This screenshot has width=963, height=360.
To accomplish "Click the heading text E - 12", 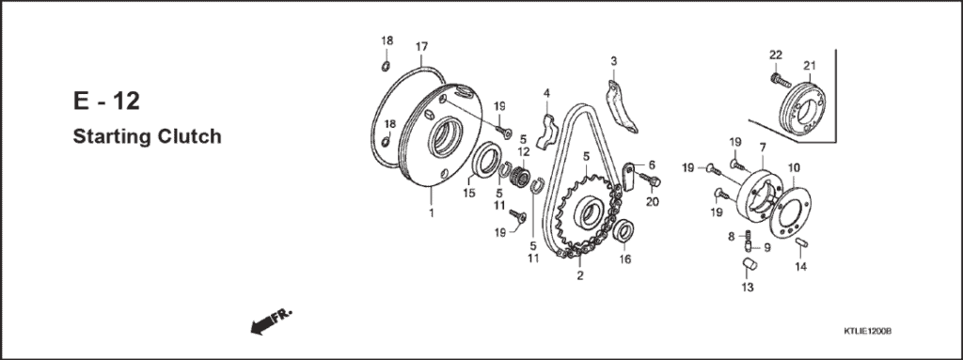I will (x=105, y=102).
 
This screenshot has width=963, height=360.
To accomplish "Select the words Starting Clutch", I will (x=147, y=137).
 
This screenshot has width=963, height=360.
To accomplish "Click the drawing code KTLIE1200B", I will (x=866, y=332).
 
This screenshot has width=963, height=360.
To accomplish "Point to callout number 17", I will (x=421, y=46).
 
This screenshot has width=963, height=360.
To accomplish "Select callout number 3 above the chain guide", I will (x=613, y=61).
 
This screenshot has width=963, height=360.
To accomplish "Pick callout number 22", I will (x=776, y=53).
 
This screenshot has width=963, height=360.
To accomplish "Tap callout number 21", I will (x=808, y=65).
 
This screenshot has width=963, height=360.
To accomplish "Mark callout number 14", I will (x=801, y=267).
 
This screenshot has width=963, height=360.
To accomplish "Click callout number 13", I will (x=749, y=287).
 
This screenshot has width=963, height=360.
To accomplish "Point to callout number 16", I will (x=625, y=259).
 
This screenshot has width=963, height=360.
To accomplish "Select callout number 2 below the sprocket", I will (x=579, y=275).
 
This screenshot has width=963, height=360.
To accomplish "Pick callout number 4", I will (x=546, y=92).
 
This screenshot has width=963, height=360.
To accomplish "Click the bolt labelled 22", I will (x=777, y=82).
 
